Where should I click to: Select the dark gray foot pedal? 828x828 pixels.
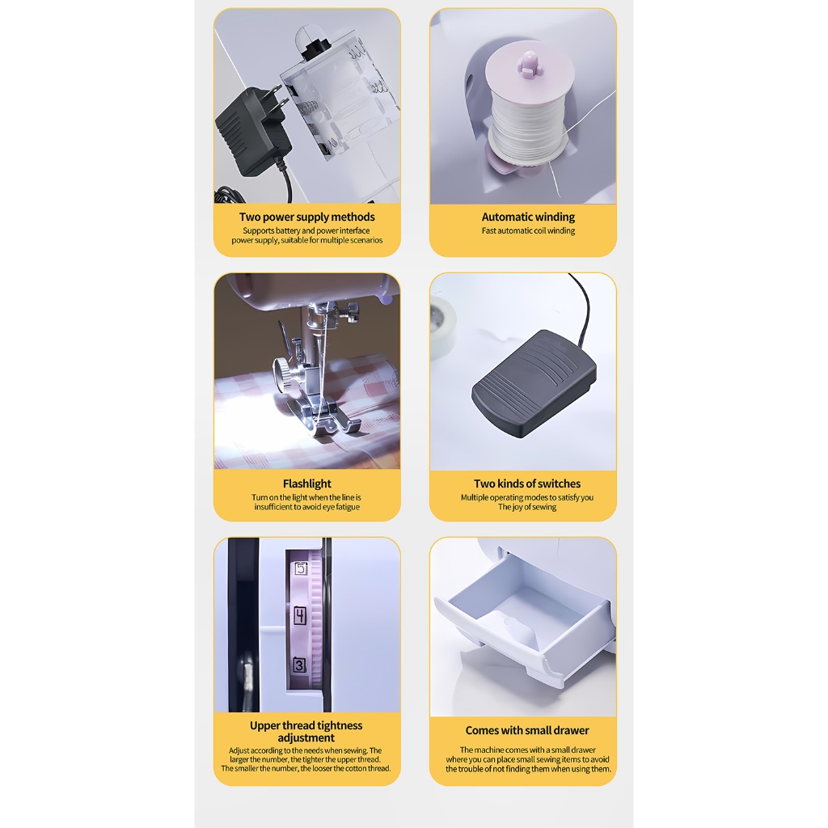tap(534, 383)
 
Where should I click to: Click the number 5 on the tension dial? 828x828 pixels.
tap(301, 568)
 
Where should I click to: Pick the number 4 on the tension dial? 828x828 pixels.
tap(300, 615)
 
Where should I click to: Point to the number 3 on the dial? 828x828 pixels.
tap(299, 665)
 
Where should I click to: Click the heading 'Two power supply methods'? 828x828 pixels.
tap(306, 217)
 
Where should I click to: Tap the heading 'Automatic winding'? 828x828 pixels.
tap(528, 217)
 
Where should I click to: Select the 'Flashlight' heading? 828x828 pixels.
tap(306, 484)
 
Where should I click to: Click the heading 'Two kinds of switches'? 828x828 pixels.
tap(527, 484)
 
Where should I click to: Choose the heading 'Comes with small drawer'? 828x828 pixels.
tap(527, 730)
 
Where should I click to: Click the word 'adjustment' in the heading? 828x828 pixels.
tap(306, 737)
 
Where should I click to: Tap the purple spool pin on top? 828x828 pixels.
tap(529, 63)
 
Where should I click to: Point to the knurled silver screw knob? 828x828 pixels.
tap(284, 376)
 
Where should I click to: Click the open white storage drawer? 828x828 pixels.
tap(523, 623)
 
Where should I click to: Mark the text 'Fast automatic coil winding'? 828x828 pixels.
tap(528, 230)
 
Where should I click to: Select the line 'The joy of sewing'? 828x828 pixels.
tap(527, 507)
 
